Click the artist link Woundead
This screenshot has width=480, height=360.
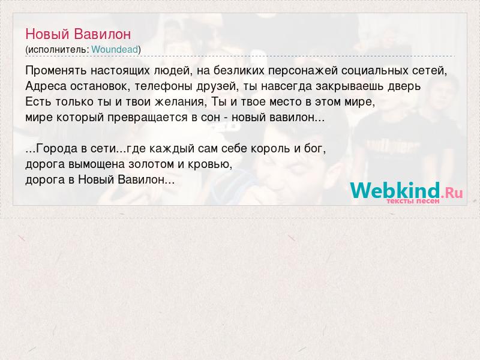(115, 49)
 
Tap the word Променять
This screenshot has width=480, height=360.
(56, 71)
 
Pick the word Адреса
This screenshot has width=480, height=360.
(46, 86)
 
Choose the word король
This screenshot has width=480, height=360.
(271, 148)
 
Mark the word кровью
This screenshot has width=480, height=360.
(209, 164)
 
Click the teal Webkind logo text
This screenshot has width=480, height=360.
(395, 190)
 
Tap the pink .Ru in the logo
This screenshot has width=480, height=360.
(452, 193)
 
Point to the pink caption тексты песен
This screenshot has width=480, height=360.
(413, 201)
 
